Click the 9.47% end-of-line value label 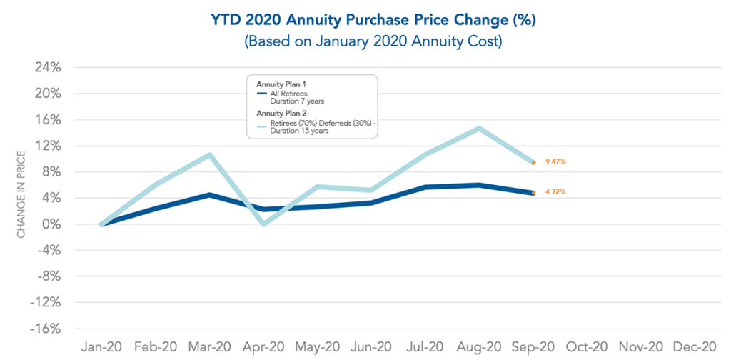click(x=555, y=162)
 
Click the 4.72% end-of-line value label click(x=555, y=192)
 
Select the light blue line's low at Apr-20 click(x=264, y=224)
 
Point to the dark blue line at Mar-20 click(x=209, y=194)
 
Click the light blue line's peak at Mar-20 click(x=209, y=154)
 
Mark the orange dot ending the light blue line click(x=533, y=163)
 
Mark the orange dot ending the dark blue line click(x=533, y=193)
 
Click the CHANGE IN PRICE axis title click(x=22, y=193)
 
